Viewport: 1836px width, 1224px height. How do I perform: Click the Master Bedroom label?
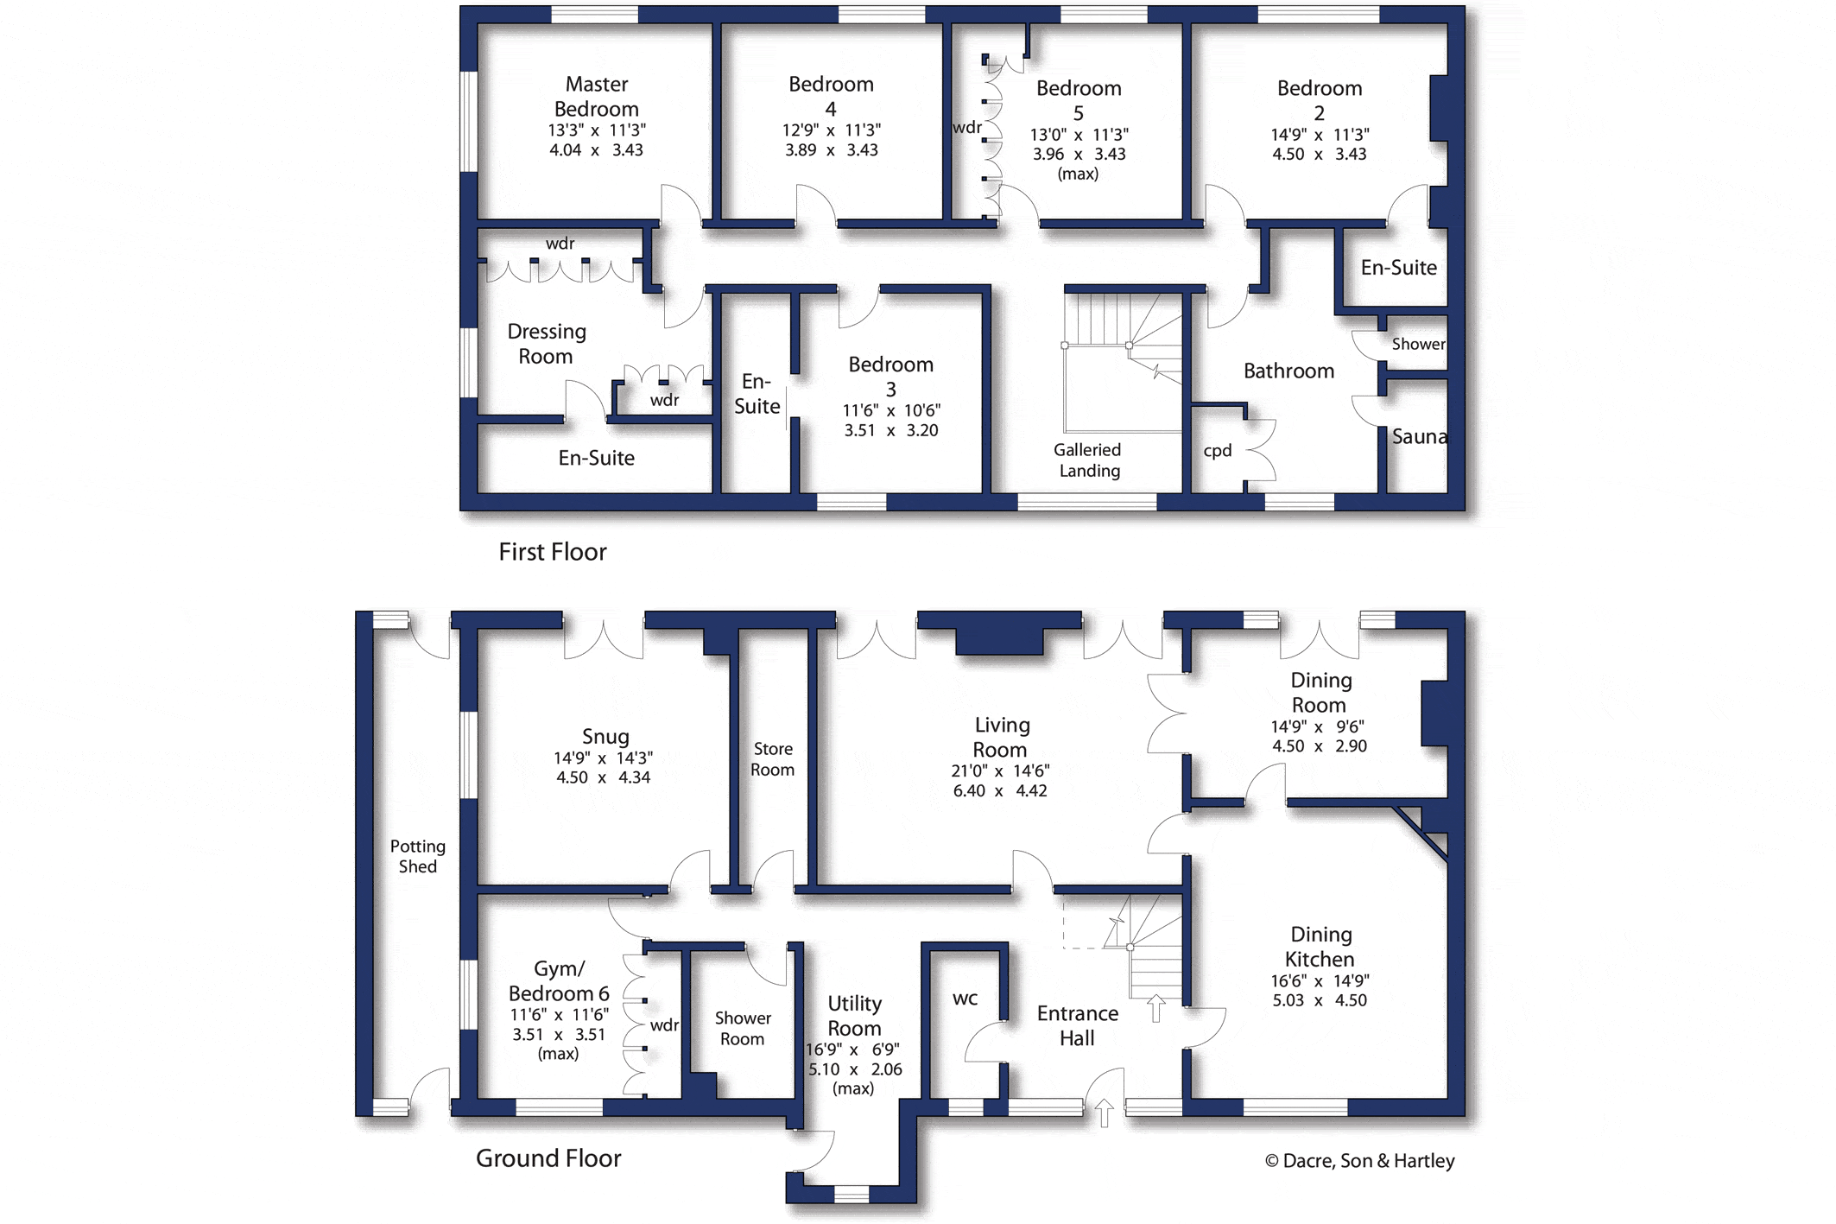pyautogui.click(x=597, y=97)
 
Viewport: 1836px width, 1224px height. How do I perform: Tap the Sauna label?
pyautogui.click(x=1420, y=436)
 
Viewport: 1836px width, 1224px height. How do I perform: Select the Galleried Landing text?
pyautogui.click(x=1088, y=460)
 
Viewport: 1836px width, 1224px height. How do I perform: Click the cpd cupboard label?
pyautogui.click(x=1218, y=451)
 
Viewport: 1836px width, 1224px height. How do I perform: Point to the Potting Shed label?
pyautogui.click(x=418, y=856)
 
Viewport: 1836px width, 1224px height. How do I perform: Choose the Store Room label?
pyautogui.click(x=772, y=759)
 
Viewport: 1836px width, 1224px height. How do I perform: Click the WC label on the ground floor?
pyautogui.click(x=965, y=999)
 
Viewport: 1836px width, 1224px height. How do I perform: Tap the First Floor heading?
pyautogui.click(x=553, y=552)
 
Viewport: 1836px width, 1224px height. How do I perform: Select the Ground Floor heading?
pyautogui.click(x=548, y=1158)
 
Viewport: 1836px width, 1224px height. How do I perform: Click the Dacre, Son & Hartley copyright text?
pyautogui.click(x=1359, y=1161)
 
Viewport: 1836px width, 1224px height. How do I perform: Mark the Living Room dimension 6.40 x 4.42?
pyautogui.click(x=1000, y=790)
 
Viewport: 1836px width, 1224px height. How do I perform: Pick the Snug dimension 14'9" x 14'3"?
pyautogui.click(x=604, y=758)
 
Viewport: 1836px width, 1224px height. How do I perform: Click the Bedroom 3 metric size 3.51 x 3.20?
pyautogui.click(x=891, y=430)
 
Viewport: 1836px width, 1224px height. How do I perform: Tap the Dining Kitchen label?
pyautogui.click(x=1320, y=947)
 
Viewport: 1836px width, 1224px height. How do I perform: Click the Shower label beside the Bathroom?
pyautogui.click(x=1419, y=344)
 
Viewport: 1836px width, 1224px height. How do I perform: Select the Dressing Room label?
pyautogui.click(x=547, y=344)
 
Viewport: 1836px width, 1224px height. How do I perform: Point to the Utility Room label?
pyautogui.click(x=855, y=1016)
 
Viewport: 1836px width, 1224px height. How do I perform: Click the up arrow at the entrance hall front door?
pyautogui.click(x=1105, y=1113)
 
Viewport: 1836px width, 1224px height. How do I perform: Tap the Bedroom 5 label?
pyautogui.click(x=1079, y=100)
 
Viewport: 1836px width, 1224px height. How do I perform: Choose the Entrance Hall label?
pyautogui.click(x=1078, y=1025)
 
